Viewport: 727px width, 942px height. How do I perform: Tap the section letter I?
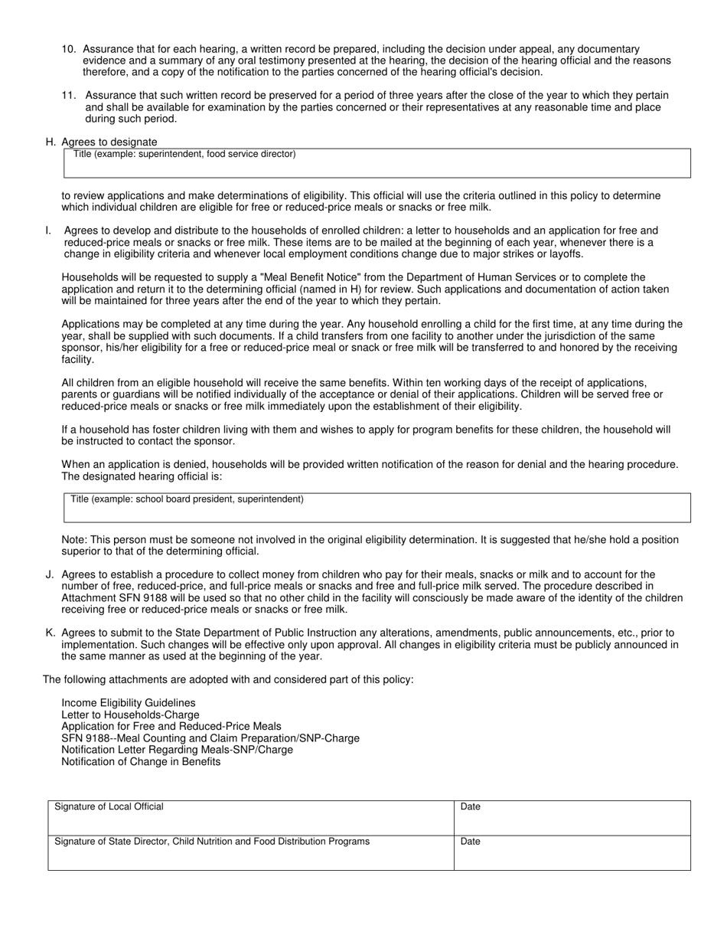coord(49,231)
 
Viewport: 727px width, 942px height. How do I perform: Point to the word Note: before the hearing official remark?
coord(74,540)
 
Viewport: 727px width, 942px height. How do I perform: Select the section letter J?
coord(50,574)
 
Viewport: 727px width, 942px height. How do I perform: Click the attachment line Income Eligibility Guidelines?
coord(128,702)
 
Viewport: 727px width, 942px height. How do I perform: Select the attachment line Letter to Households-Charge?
coord(130,715)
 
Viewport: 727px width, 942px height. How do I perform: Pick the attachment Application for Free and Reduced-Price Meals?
coord(171,726)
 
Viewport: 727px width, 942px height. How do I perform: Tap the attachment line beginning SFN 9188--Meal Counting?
coord(210,738)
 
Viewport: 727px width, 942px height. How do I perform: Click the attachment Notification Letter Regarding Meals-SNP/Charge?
coord(177,750)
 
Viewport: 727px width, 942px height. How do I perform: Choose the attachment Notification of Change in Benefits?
coord(141,761)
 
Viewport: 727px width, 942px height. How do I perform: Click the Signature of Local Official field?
coord(251,818)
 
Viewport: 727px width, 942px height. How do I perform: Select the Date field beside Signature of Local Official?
coord(572,818)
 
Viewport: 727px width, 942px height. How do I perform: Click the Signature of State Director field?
coord(251,853)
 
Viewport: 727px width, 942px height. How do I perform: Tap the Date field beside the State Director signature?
coord(572,853)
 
